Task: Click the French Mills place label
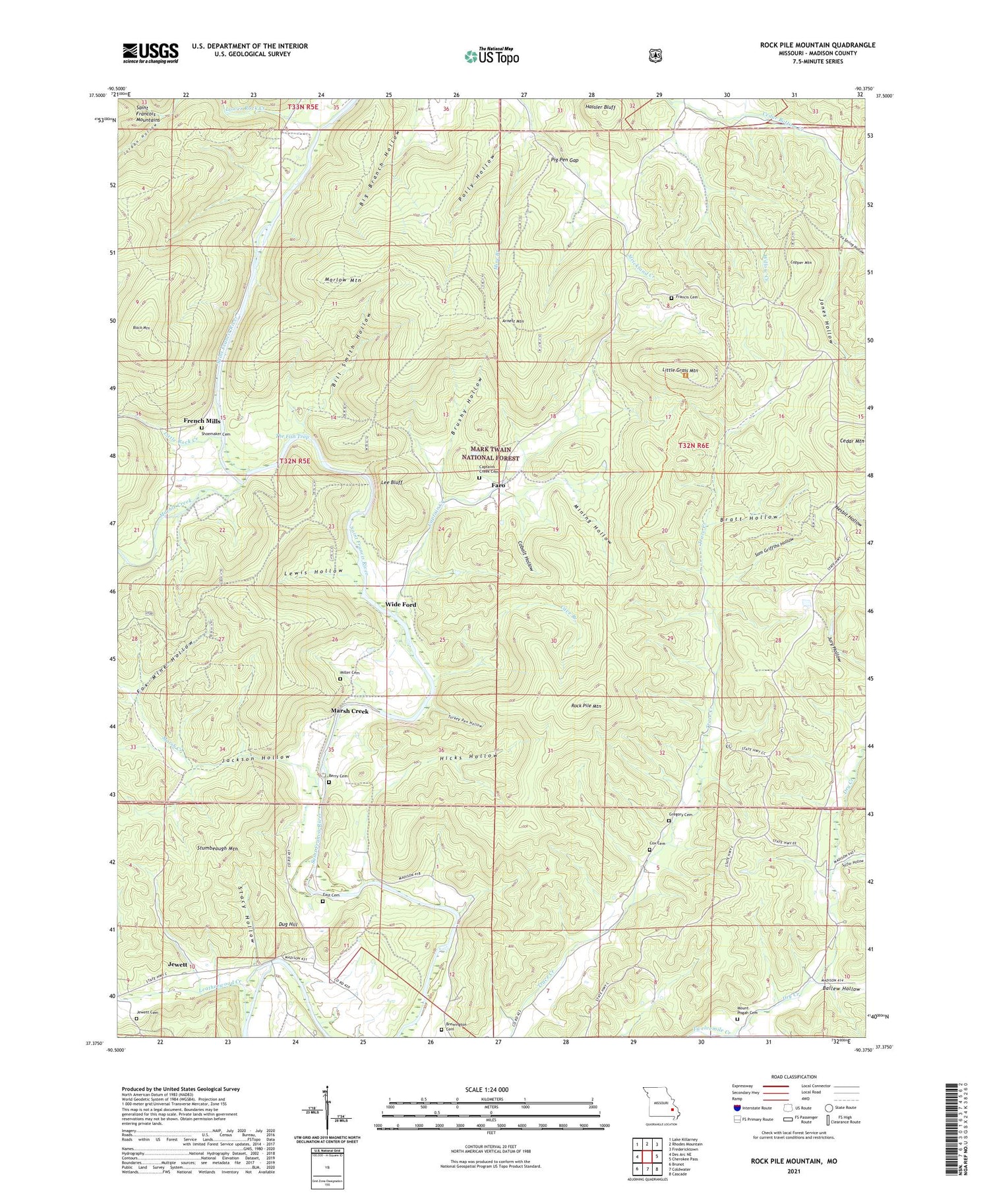pyautogui.click(x=202, y=421)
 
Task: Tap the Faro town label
pyautogui.click(x=498, y=486)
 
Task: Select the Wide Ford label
pyautogui.click(x=400, y=604)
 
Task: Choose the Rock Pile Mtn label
pyautogui.click(x=585, y=706)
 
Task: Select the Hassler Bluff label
pyautogui.click(x=599, y=106)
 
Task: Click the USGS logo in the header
pyautogui.click(x=150, y=53)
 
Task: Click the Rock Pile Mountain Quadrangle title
pyautogui.click(x=817, y=45)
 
